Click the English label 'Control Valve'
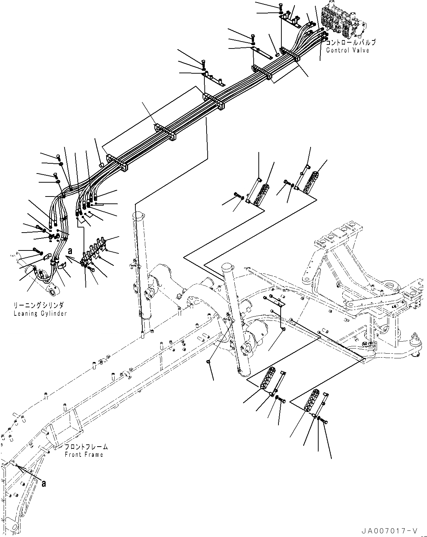coord(347,50)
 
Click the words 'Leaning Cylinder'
coord(41,314)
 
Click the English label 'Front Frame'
coord(84,454)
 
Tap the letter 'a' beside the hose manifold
coord(70,251)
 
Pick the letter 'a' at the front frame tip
coord(44,484)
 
